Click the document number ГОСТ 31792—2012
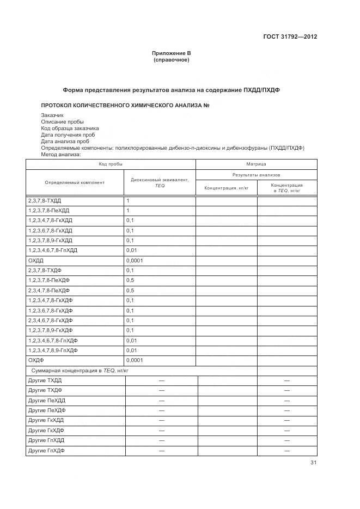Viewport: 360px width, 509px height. tap(290, 37)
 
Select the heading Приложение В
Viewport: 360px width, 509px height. tap(172, 53)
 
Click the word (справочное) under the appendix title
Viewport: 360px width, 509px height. tap(172, 60)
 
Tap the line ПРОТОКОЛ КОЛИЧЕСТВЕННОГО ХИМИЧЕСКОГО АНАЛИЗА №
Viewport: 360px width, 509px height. tap(125, 105)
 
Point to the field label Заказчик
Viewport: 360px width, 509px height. tap(52, 115)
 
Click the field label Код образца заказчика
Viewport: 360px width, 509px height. tap(70, 128)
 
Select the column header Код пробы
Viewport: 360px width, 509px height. tap(110, 164)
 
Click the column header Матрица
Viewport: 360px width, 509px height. tap(256, 164)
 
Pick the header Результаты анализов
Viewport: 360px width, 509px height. tap(256, 175)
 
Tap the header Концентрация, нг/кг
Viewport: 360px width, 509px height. tap(226, 188)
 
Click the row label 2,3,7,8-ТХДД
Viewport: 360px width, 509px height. tap(45, 201)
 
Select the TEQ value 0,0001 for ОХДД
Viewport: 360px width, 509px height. tap(135, 261)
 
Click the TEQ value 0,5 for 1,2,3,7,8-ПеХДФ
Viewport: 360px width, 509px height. tap(130, 280)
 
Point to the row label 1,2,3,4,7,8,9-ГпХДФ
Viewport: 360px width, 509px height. tap(53, 350)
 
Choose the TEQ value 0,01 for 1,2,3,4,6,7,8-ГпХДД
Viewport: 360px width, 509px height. tap(132, 250)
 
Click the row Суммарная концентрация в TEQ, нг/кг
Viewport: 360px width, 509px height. tap(80, 370)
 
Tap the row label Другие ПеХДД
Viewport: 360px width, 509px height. tap(46, 400)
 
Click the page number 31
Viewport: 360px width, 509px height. tap(313, 463)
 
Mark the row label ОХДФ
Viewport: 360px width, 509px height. tap(36, 360)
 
